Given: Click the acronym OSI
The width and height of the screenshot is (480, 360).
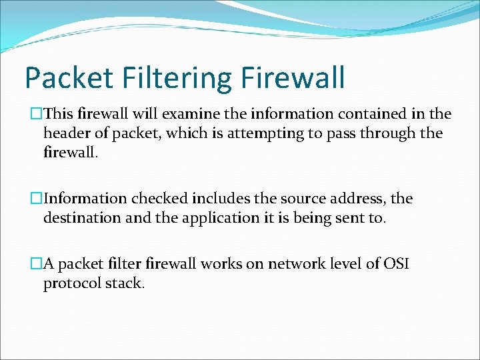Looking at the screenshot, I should (393, 264).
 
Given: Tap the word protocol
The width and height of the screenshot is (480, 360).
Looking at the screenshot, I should (71, 283).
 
